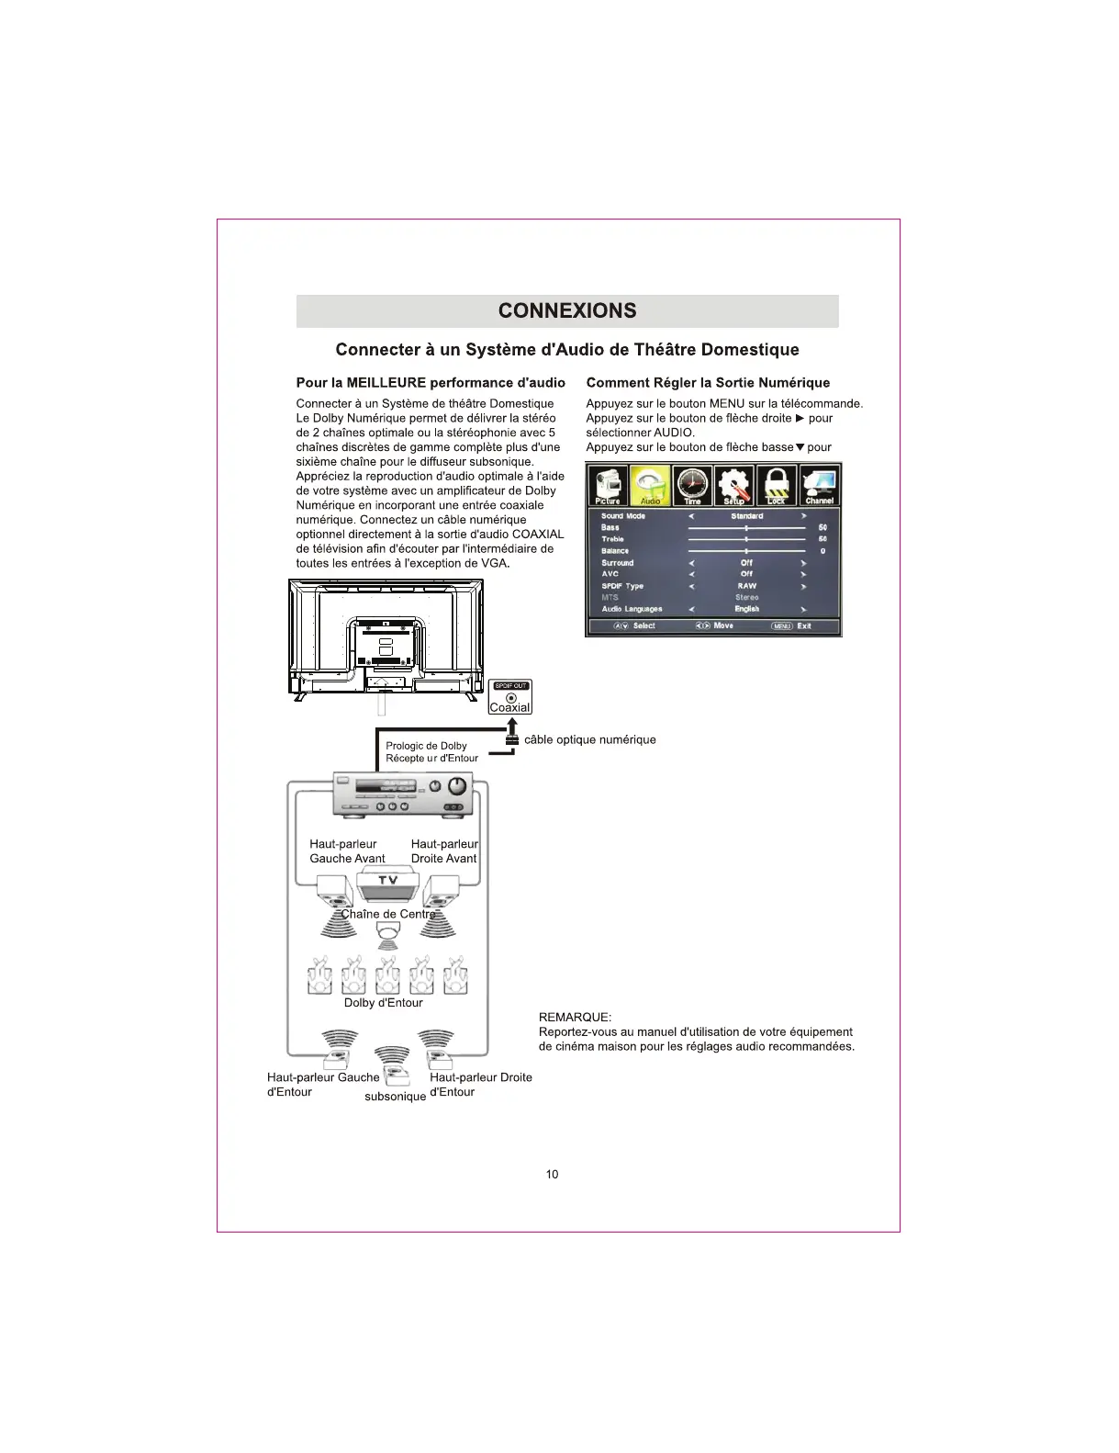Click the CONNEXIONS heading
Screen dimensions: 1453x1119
pos(566,310)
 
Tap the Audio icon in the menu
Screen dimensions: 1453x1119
pos(650,485)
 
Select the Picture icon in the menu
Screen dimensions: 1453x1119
pos(607,485)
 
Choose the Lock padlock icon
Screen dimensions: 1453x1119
pos(777,485)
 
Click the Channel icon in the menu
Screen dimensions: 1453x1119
pos(819,485)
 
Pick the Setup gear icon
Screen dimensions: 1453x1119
pos(734,485)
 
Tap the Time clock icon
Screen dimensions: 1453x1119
pos(692,485)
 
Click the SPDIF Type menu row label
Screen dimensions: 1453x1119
pos(622,586)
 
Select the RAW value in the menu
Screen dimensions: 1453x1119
pos(746,586)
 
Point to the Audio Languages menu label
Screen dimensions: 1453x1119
pos(632,609)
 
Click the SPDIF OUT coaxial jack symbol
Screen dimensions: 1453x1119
pos(511,697)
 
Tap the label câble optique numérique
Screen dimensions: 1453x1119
pos(589,739)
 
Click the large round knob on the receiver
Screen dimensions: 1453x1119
pos(457,788)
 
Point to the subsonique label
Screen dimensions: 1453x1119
pos(395,1097)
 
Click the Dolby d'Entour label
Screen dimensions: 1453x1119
pos(383,1002)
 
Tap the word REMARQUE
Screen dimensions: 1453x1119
pos(575,1017)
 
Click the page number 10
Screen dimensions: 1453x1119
pos(552,1174)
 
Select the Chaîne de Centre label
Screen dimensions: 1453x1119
pos(388,914)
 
